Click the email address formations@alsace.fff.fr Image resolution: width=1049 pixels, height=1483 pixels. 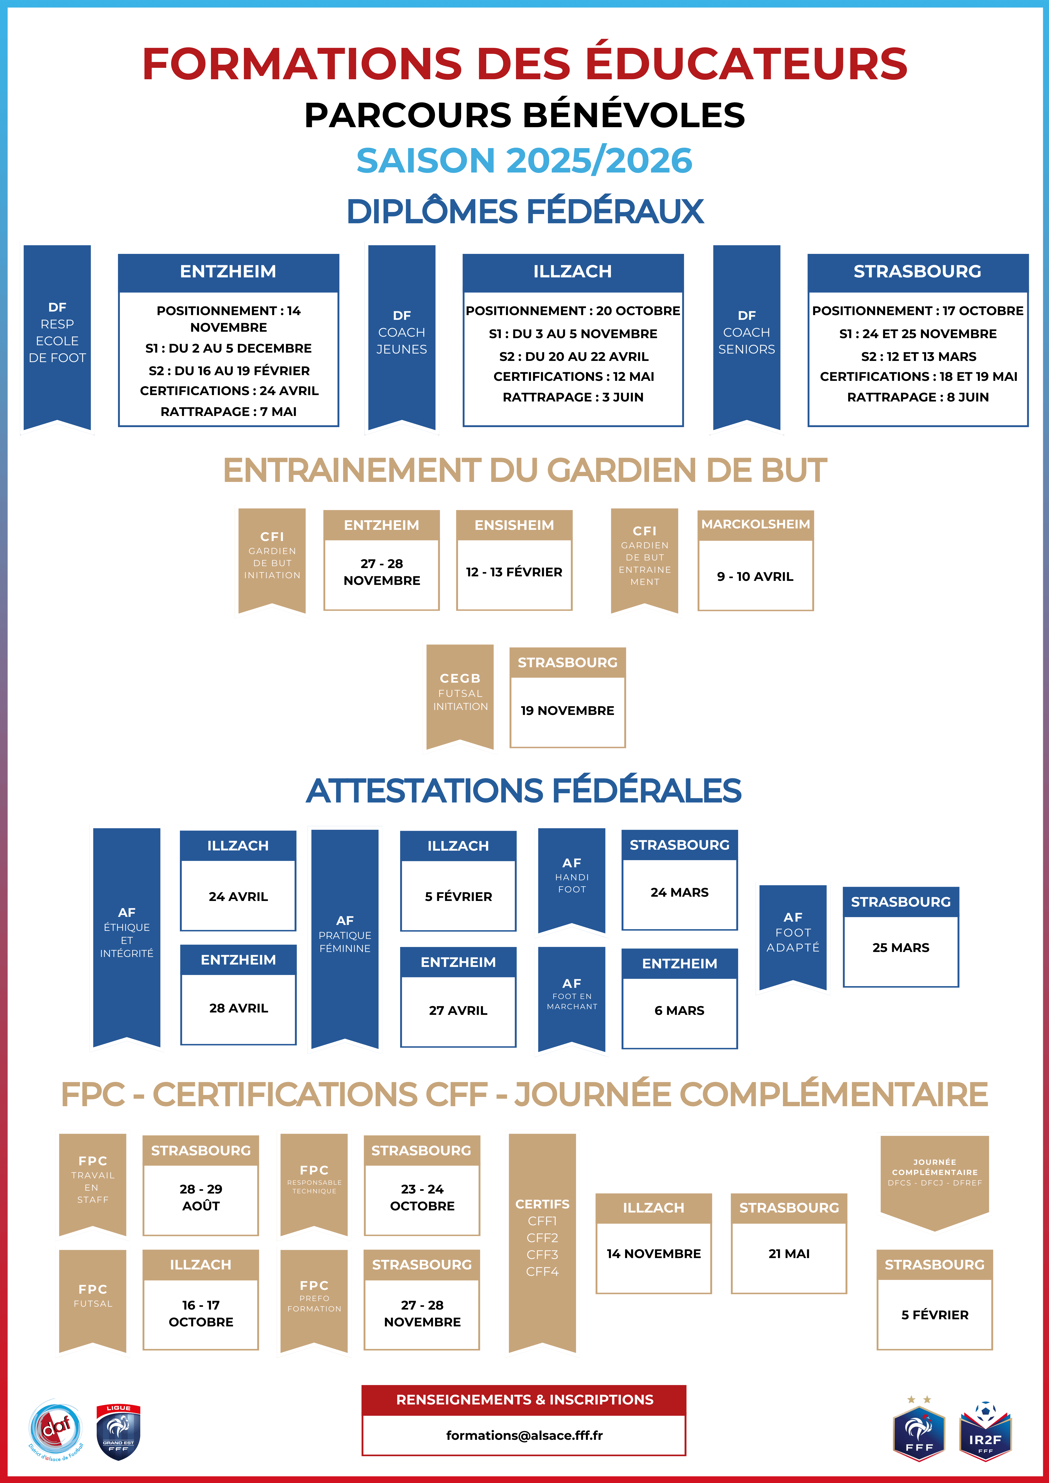[x=524, y=1435]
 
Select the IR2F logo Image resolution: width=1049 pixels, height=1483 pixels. [x=985, y=1433]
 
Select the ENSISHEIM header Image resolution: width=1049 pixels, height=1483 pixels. [x=514, y=525]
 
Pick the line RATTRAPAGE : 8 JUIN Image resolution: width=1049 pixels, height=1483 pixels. [x=917, y=397]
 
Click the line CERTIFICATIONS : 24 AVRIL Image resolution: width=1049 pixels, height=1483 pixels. [x=229, y=391]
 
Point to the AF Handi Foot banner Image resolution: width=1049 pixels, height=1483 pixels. [x=572, y=877]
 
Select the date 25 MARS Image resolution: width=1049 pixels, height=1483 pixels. [x=900, y=947]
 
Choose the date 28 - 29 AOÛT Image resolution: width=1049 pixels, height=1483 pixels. [x=201, y=1197]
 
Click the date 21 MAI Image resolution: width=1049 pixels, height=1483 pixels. [x=789, y=1254]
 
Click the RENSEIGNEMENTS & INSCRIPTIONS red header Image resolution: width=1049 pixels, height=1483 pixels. [x=524, y=1400]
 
